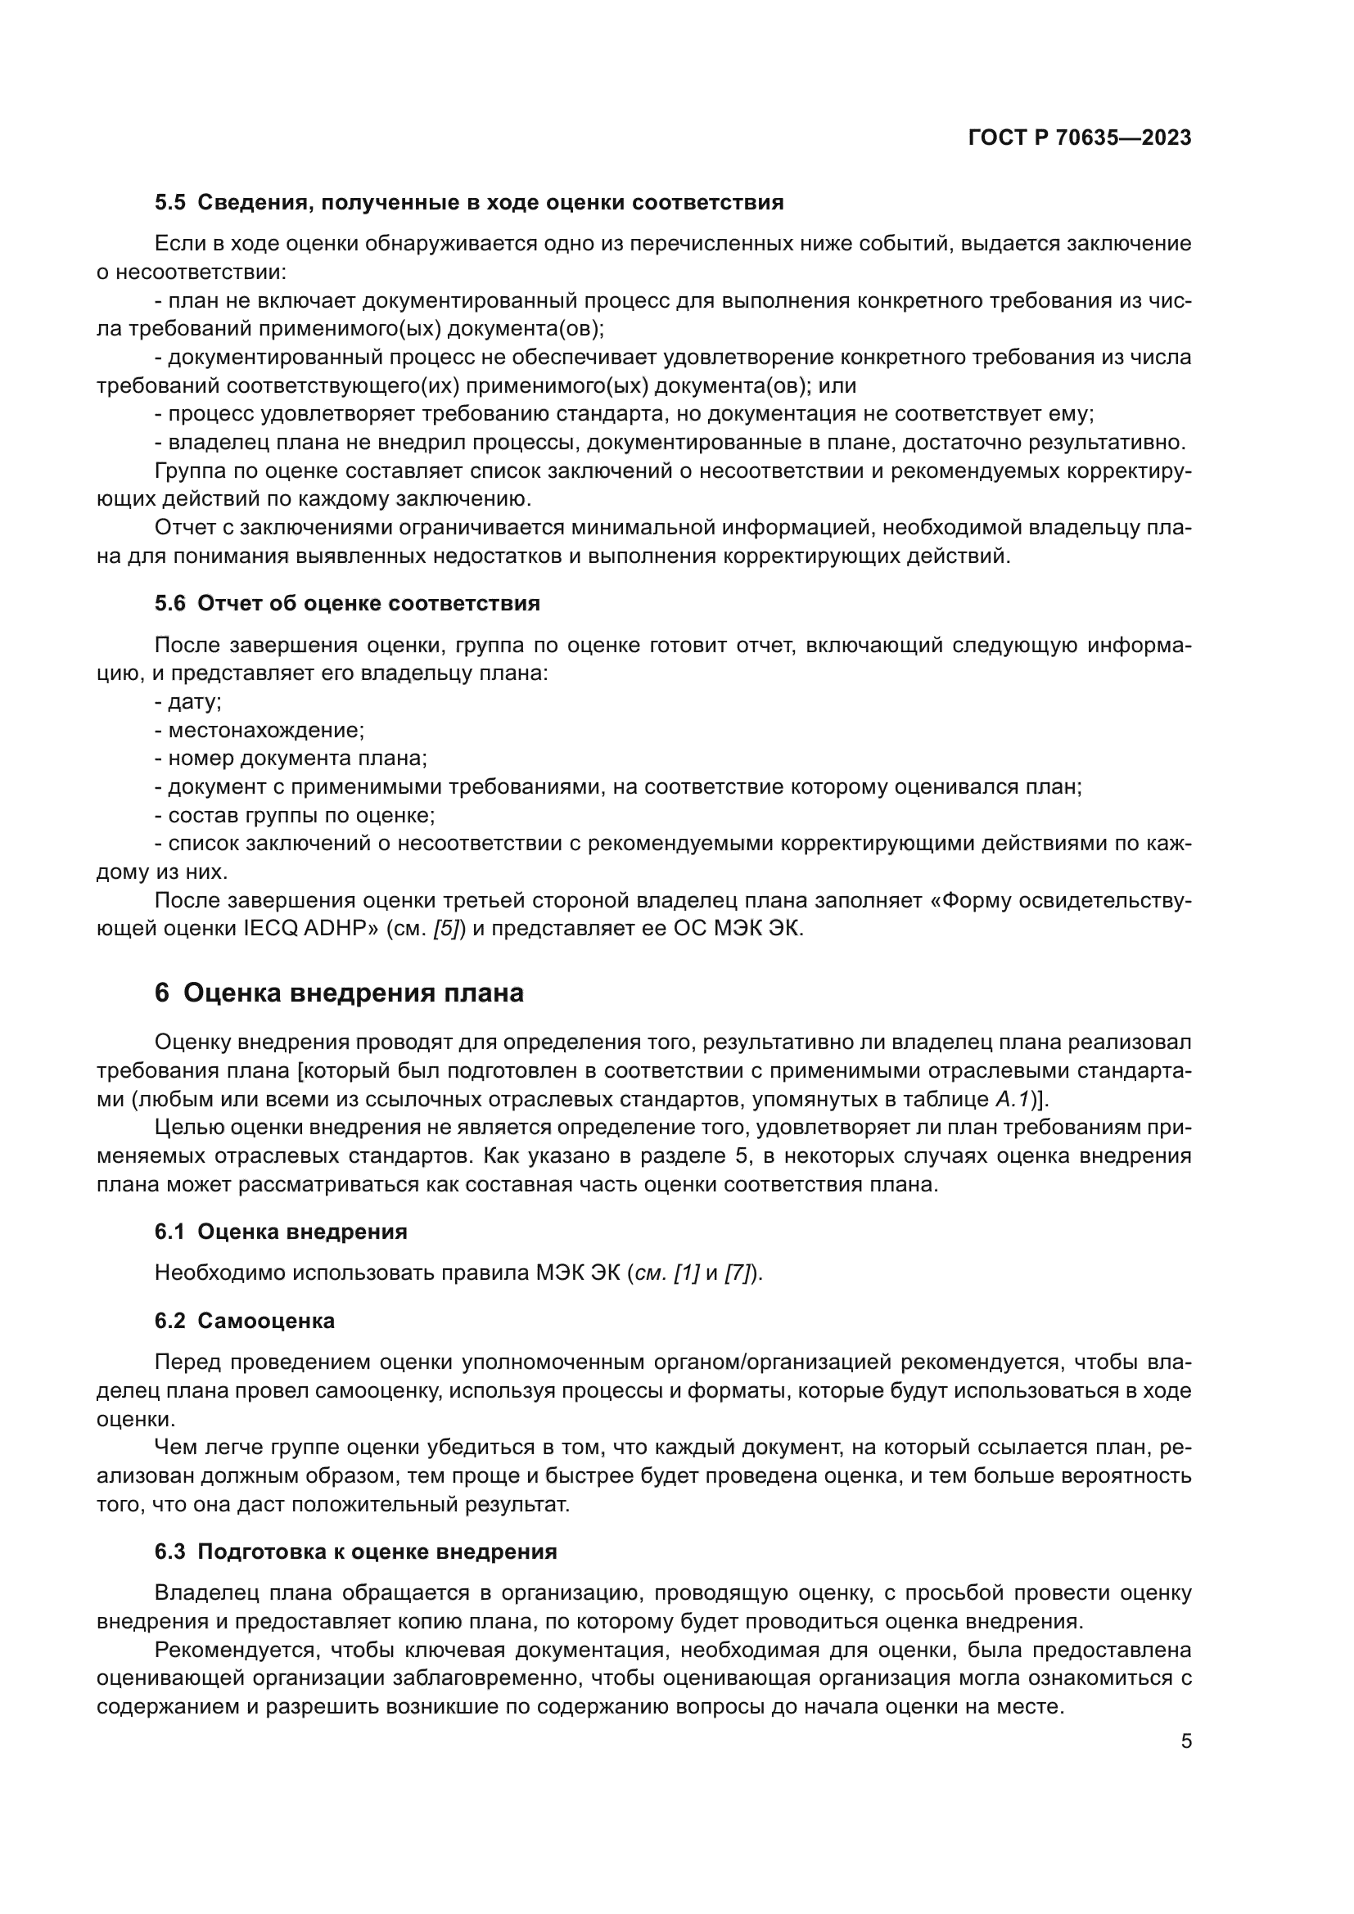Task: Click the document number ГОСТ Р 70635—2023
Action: (1080, 138)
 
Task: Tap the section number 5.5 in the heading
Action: (169, 203)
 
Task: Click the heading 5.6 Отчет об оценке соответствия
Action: (347, 604)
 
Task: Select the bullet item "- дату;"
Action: (187, 702)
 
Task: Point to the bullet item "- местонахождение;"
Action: (260, 730)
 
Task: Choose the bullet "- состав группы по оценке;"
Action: (295, 815)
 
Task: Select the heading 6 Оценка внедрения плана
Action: (339, 993)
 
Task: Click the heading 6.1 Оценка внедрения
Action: (281, 1232)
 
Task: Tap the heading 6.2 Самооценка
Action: (244, 1322)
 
